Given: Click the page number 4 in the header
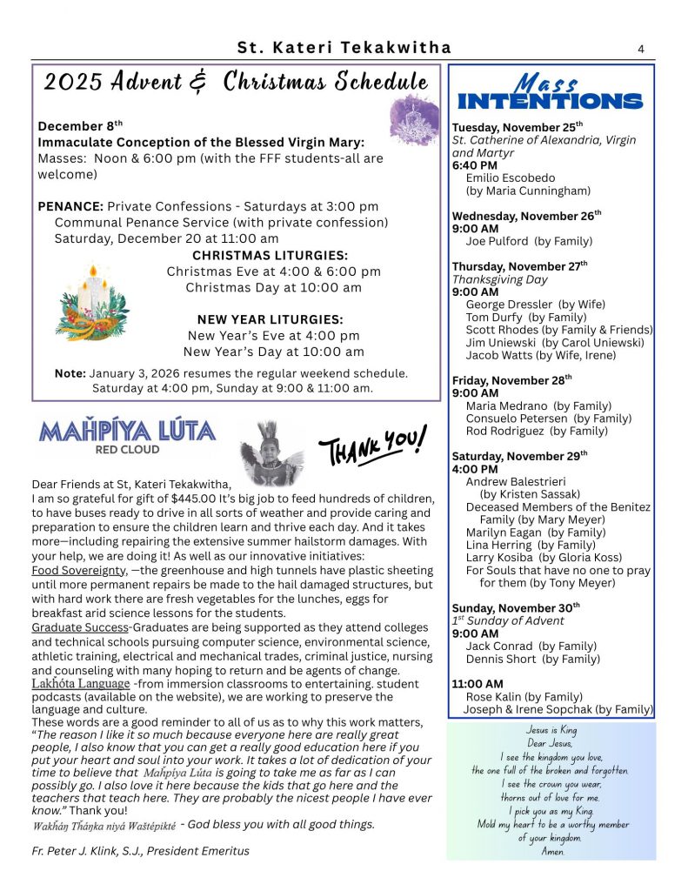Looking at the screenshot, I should pyautogui.click(x=641, y=49).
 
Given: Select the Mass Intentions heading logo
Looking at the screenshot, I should pyautogui.click(x=551, y=93).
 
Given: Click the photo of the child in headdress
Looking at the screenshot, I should pyautogui.click(x=269, y=453).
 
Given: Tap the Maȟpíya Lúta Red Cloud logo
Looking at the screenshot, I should pyautogui.click(x=126, y=436).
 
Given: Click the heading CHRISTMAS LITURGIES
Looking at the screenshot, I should pyautogui.click(x=270, y=256).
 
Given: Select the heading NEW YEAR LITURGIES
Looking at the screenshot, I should pyautogui.click(x=271, y=319).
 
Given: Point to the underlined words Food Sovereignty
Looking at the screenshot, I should pyautogui.click(x=80, y=570).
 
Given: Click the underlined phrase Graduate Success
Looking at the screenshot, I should pyautogui.click(x=79, y=627).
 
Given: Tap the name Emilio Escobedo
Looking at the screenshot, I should pyautogui.click(x=511, y=178).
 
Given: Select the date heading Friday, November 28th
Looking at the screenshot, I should pyautogui.click(x=512, y=380).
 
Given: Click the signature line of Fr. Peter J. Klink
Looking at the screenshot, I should pyautogui.click(x=140, y=850).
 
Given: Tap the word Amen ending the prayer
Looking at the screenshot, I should pyautogui.click(x=551, y=851).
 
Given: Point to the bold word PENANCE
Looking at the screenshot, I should pyautogui.click(x=70, y=206).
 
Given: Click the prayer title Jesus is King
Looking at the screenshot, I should pyautogui.click(x=551, y=730).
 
